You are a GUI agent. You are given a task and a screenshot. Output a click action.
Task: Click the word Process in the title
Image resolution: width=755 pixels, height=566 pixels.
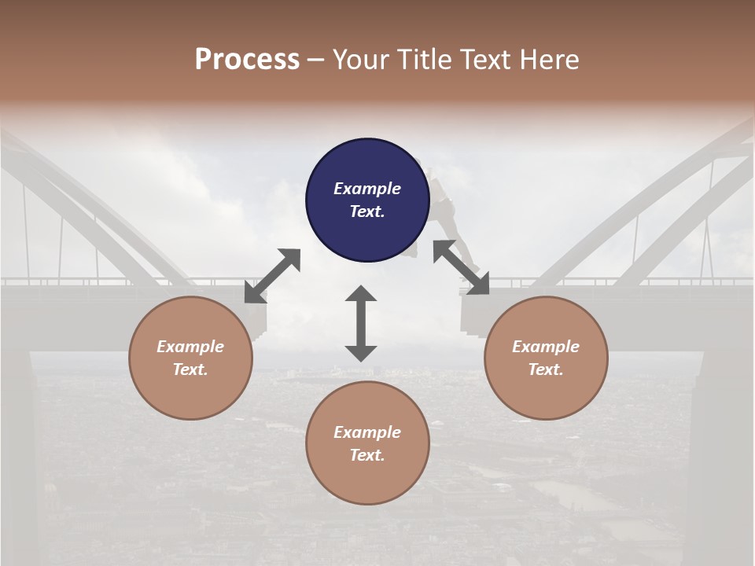(247, 60)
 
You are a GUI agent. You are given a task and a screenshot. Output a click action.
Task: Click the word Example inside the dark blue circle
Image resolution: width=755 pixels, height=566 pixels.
(367, 189)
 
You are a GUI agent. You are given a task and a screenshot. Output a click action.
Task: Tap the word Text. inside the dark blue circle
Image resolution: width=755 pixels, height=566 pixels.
(367, 211)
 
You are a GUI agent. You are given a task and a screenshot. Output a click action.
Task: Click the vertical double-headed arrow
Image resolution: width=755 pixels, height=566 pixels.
(361, 323)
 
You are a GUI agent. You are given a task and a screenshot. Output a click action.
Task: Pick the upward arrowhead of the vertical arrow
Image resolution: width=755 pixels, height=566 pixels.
(361, 295)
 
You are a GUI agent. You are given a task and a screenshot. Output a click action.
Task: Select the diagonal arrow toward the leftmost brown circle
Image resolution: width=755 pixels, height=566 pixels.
(272, 276)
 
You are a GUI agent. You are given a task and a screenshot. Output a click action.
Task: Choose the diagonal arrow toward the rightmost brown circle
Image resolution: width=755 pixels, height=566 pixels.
(462, 268)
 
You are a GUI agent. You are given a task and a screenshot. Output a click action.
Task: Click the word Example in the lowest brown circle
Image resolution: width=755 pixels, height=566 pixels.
(367, 432)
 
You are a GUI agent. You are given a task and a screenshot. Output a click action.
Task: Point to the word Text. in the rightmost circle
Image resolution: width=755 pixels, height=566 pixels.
(546, 369)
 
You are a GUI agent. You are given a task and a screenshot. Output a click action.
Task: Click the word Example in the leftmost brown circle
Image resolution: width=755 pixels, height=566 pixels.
(190, 347)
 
